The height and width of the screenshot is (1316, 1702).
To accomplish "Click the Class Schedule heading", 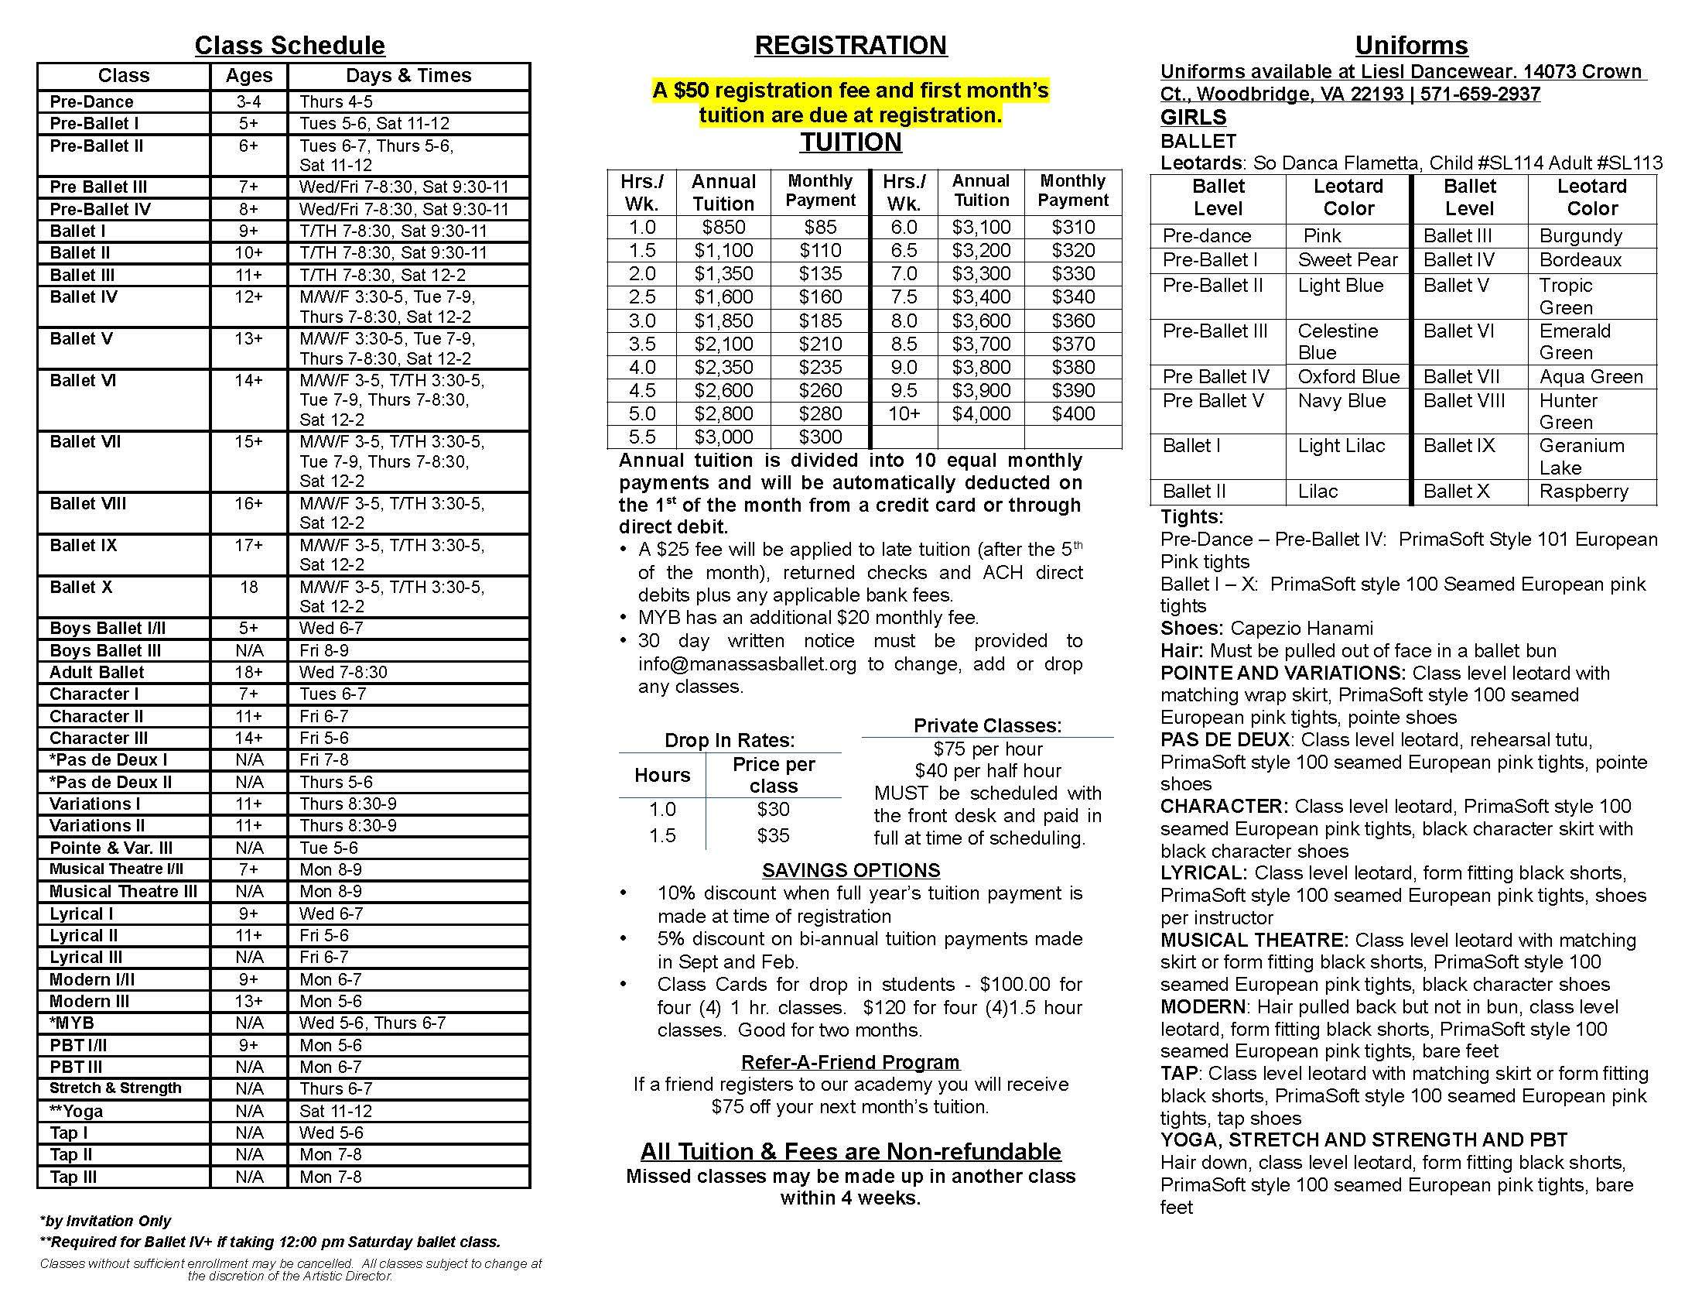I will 289,45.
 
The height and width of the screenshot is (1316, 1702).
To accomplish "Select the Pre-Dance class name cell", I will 91,101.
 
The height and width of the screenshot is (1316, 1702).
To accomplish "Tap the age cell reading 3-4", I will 248,101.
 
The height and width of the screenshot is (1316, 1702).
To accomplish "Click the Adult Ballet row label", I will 97,672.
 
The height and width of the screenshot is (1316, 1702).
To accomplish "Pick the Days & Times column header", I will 408,76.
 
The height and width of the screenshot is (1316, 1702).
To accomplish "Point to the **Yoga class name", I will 77,1110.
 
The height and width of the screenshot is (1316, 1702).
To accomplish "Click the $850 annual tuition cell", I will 723,227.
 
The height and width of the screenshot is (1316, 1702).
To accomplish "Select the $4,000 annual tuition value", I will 980,413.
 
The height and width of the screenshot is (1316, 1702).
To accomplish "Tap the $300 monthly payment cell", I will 820,437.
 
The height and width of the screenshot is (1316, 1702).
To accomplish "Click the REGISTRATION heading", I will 850,45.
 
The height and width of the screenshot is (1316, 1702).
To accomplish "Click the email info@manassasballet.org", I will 747,663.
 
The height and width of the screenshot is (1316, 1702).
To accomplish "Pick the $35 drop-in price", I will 773,835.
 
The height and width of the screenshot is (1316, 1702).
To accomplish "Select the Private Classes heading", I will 987,725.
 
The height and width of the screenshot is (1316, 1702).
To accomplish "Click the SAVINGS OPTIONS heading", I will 851,870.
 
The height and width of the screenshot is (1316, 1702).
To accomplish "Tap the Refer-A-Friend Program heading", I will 850,1062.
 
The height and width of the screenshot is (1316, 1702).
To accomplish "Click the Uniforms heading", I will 1411,45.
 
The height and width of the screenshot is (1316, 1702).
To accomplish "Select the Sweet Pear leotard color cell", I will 1348,259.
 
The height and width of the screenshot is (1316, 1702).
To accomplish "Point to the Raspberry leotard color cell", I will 1584,491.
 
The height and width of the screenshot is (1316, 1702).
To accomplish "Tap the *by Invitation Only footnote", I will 105,1221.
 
